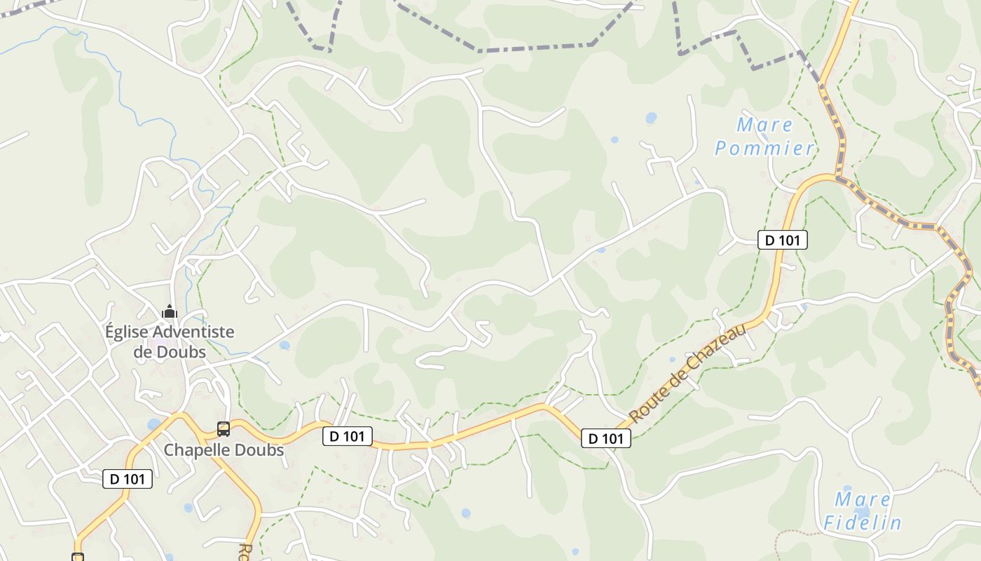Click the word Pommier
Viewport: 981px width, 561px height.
click(764, 148)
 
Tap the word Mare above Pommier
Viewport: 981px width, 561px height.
click(764, 126)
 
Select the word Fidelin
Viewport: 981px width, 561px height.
click(862, 522)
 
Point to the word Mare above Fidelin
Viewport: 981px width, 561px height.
click(863, 500)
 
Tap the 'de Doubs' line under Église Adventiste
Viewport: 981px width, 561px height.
click(170, 351)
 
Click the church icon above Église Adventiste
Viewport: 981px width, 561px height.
click(169, 311)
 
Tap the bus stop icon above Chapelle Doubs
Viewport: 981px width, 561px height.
click(224, 428)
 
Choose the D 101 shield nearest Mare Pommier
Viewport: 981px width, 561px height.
click(782, 240)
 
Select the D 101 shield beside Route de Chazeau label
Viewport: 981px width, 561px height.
click(606, 439)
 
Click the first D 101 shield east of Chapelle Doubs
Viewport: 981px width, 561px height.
click(348, 436)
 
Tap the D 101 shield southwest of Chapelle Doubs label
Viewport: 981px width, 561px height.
click(128, 479)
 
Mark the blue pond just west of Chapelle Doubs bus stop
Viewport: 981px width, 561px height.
click(153, 424)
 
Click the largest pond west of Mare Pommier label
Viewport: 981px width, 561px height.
click(652, 117)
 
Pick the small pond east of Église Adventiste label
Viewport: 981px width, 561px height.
click(284, 345)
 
